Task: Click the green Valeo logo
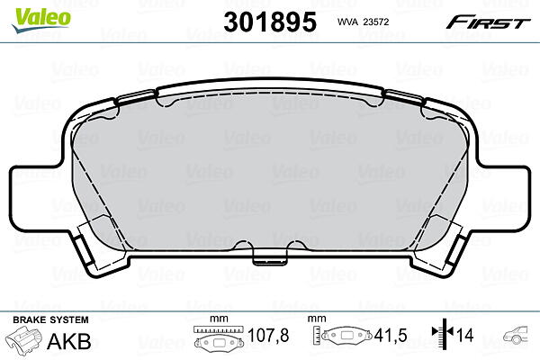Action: pos(41,19)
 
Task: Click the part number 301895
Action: pos(270,22)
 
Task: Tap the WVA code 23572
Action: pos(376,22)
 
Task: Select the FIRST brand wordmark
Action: pos(488,22)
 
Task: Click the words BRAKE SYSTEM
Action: pos(50,319)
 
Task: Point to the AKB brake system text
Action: pos(69,341)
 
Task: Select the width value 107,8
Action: pos(268,336)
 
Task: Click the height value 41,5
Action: pos(391,336)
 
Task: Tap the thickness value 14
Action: pos(465,335)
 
